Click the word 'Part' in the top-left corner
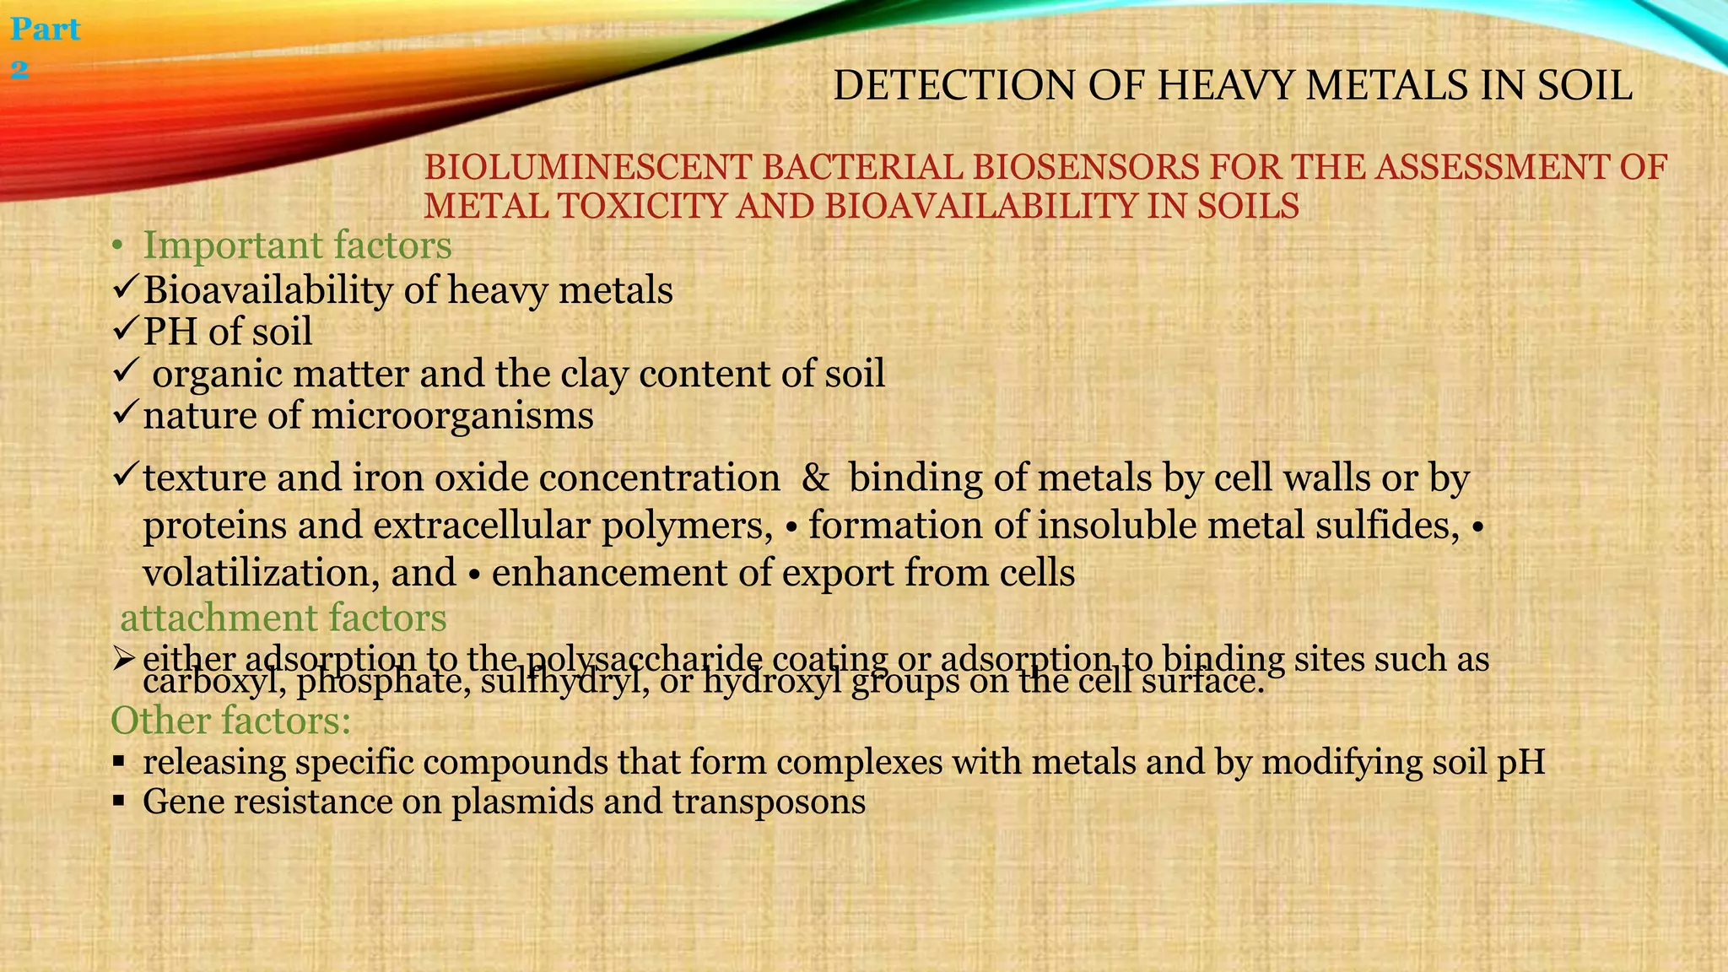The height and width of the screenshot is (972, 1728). tap(46, 30)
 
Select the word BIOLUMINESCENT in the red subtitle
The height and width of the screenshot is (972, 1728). tap(587, 168)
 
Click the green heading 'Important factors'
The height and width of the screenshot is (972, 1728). tap(297, 246)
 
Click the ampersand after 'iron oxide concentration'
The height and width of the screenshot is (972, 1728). tap(815, 478)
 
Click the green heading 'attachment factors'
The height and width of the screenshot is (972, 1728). tap(283, 618)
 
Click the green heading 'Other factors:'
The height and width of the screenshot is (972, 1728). tap(230, 721)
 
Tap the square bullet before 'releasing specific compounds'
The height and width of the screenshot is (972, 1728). tap(119, 763)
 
